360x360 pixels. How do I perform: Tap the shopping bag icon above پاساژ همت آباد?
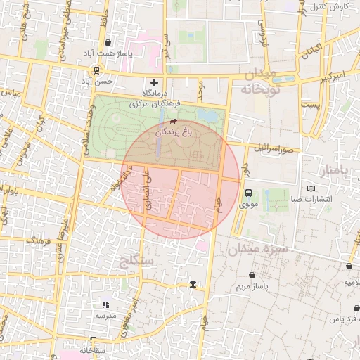107,42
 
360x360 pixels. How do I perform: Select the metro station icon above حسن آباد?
96,70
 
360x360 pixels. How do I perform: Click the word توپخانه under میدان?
260,90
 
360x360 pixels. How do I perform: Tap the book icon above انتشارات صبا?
311,188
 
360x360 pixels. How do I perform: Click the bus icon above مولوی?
248,193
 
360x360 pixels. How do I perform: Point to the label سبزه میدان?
258,250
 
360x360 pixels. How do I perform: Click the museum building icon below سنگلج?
193,284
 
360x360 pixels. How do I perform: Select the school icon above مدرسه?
106,304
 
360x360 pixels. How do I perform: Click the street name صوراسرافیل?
278,148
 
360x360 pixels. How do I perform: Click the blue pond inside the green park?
208,115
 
